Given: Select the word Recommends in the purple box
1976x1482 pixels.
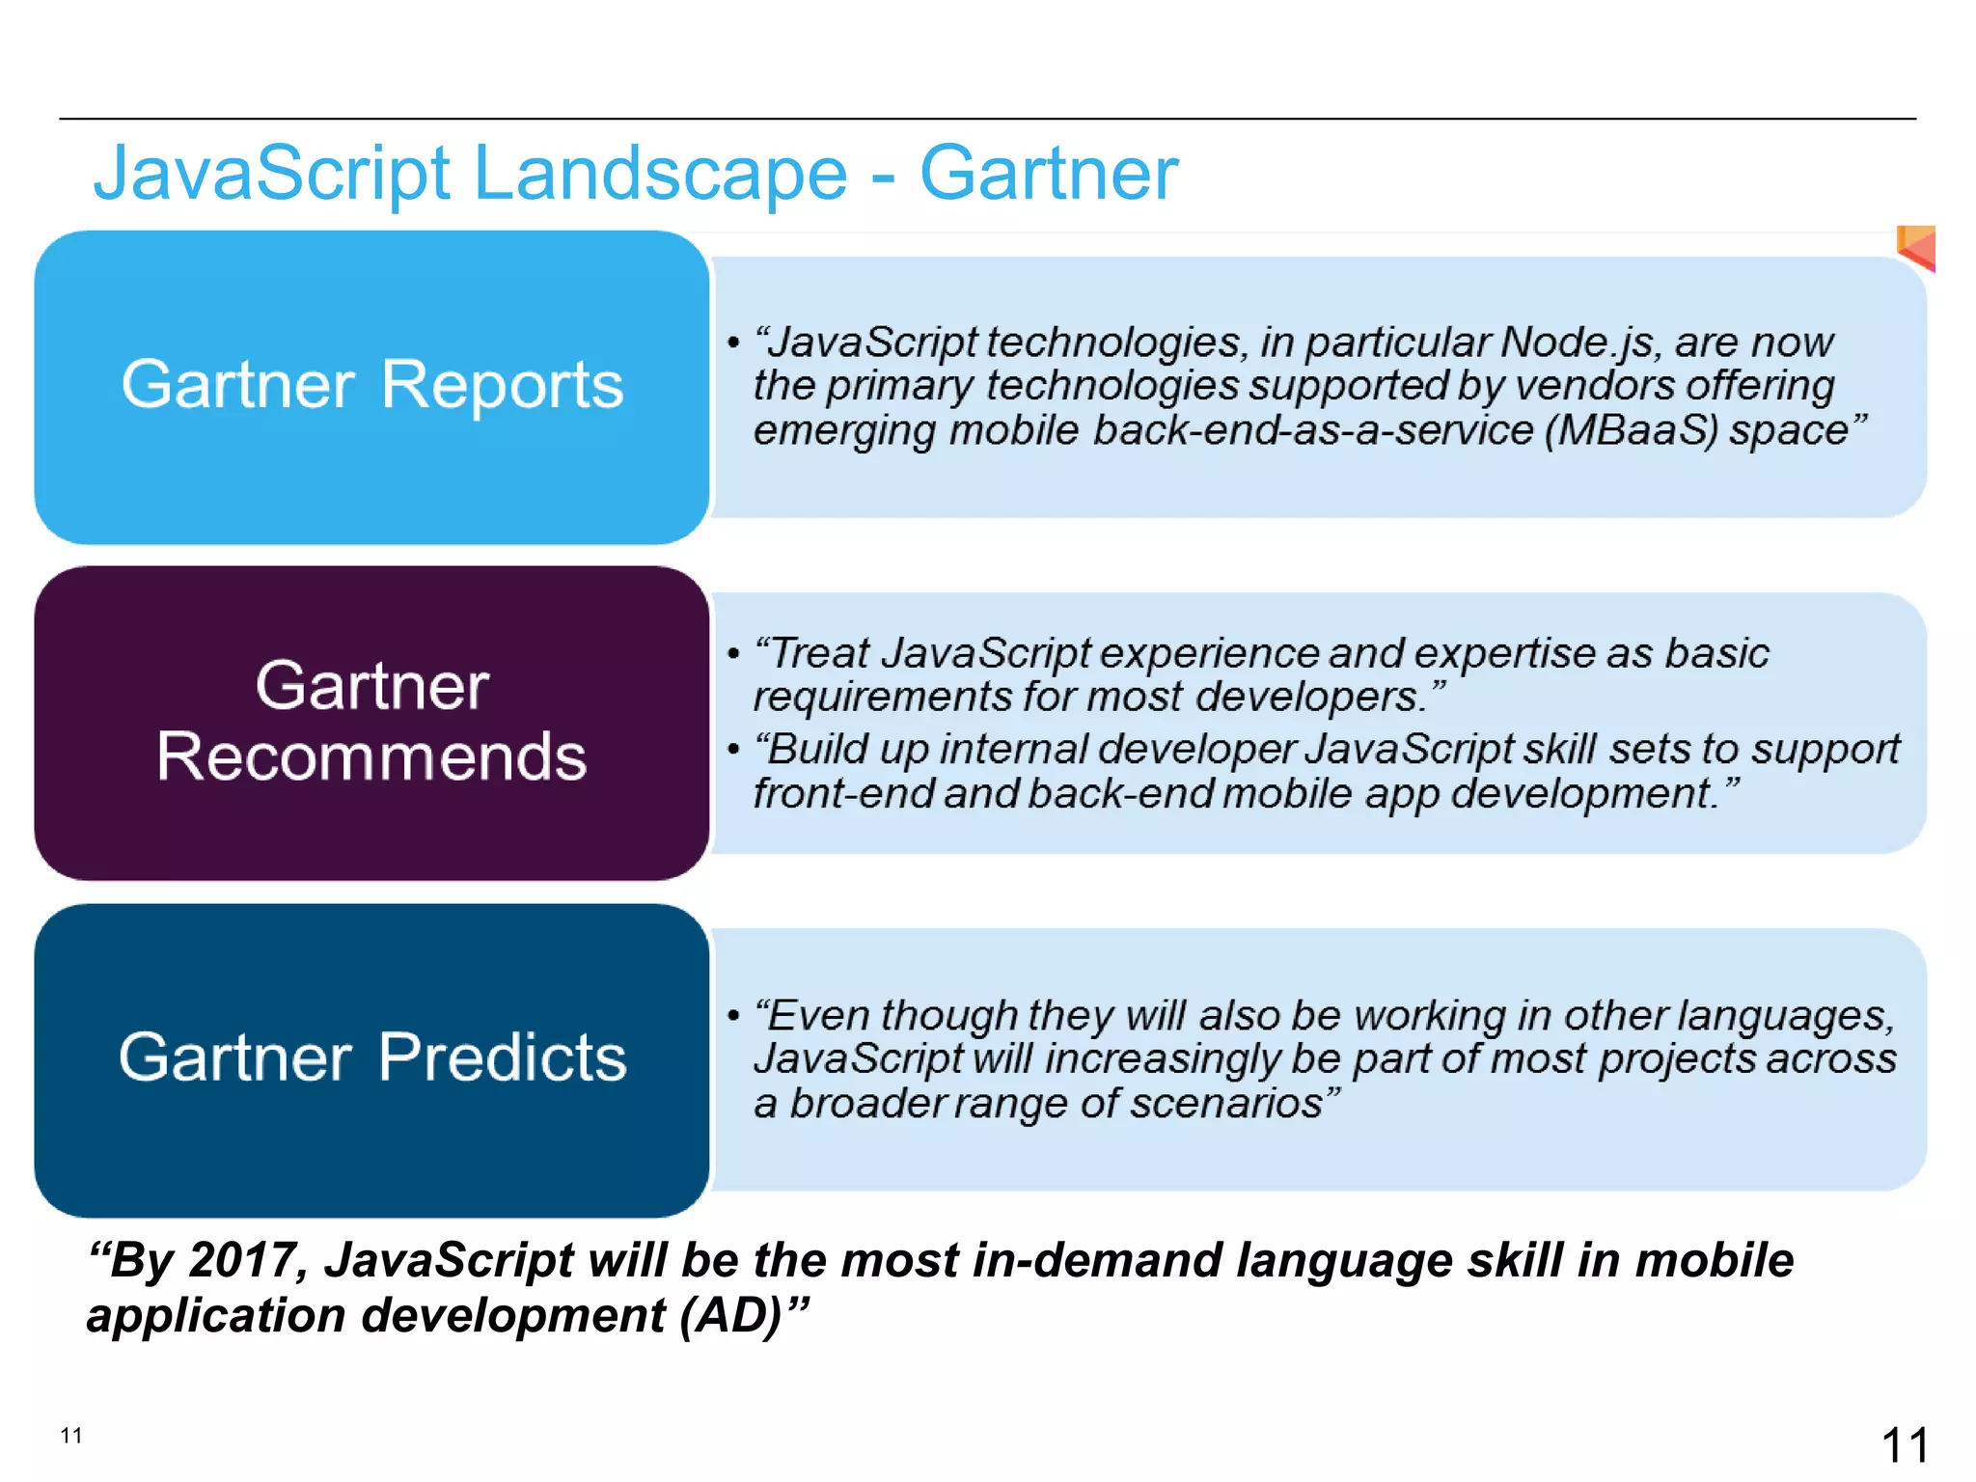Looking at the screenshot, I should tap(371, 756).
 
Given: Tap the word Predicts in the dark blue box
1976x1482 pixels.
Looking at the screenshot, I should tap(502, 1057).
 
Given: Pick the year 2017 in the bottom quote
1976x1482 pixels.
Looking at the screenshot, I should tap(247, 1260).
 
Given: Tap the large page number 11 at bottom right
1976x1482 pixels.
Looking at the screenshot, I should tap(1905, 1445).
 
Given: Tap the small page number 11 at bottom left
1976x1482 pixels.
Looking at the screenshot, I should tap(71, 1436).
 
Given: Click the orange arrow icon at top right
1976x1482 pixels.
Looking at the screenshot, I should tap(1917, 248).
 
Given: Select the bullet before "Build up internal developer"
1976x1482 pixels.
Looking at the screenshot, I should tap(734, 750).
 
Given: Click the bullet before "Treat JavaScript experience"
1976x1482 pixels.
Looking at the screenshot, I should tap(734, 654).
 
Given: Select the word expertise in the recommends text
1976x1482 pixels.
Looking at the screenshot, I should tap(1505, 653).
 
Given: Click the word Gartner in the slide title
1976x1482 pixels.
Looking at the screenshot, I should tap(1049, 174).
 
